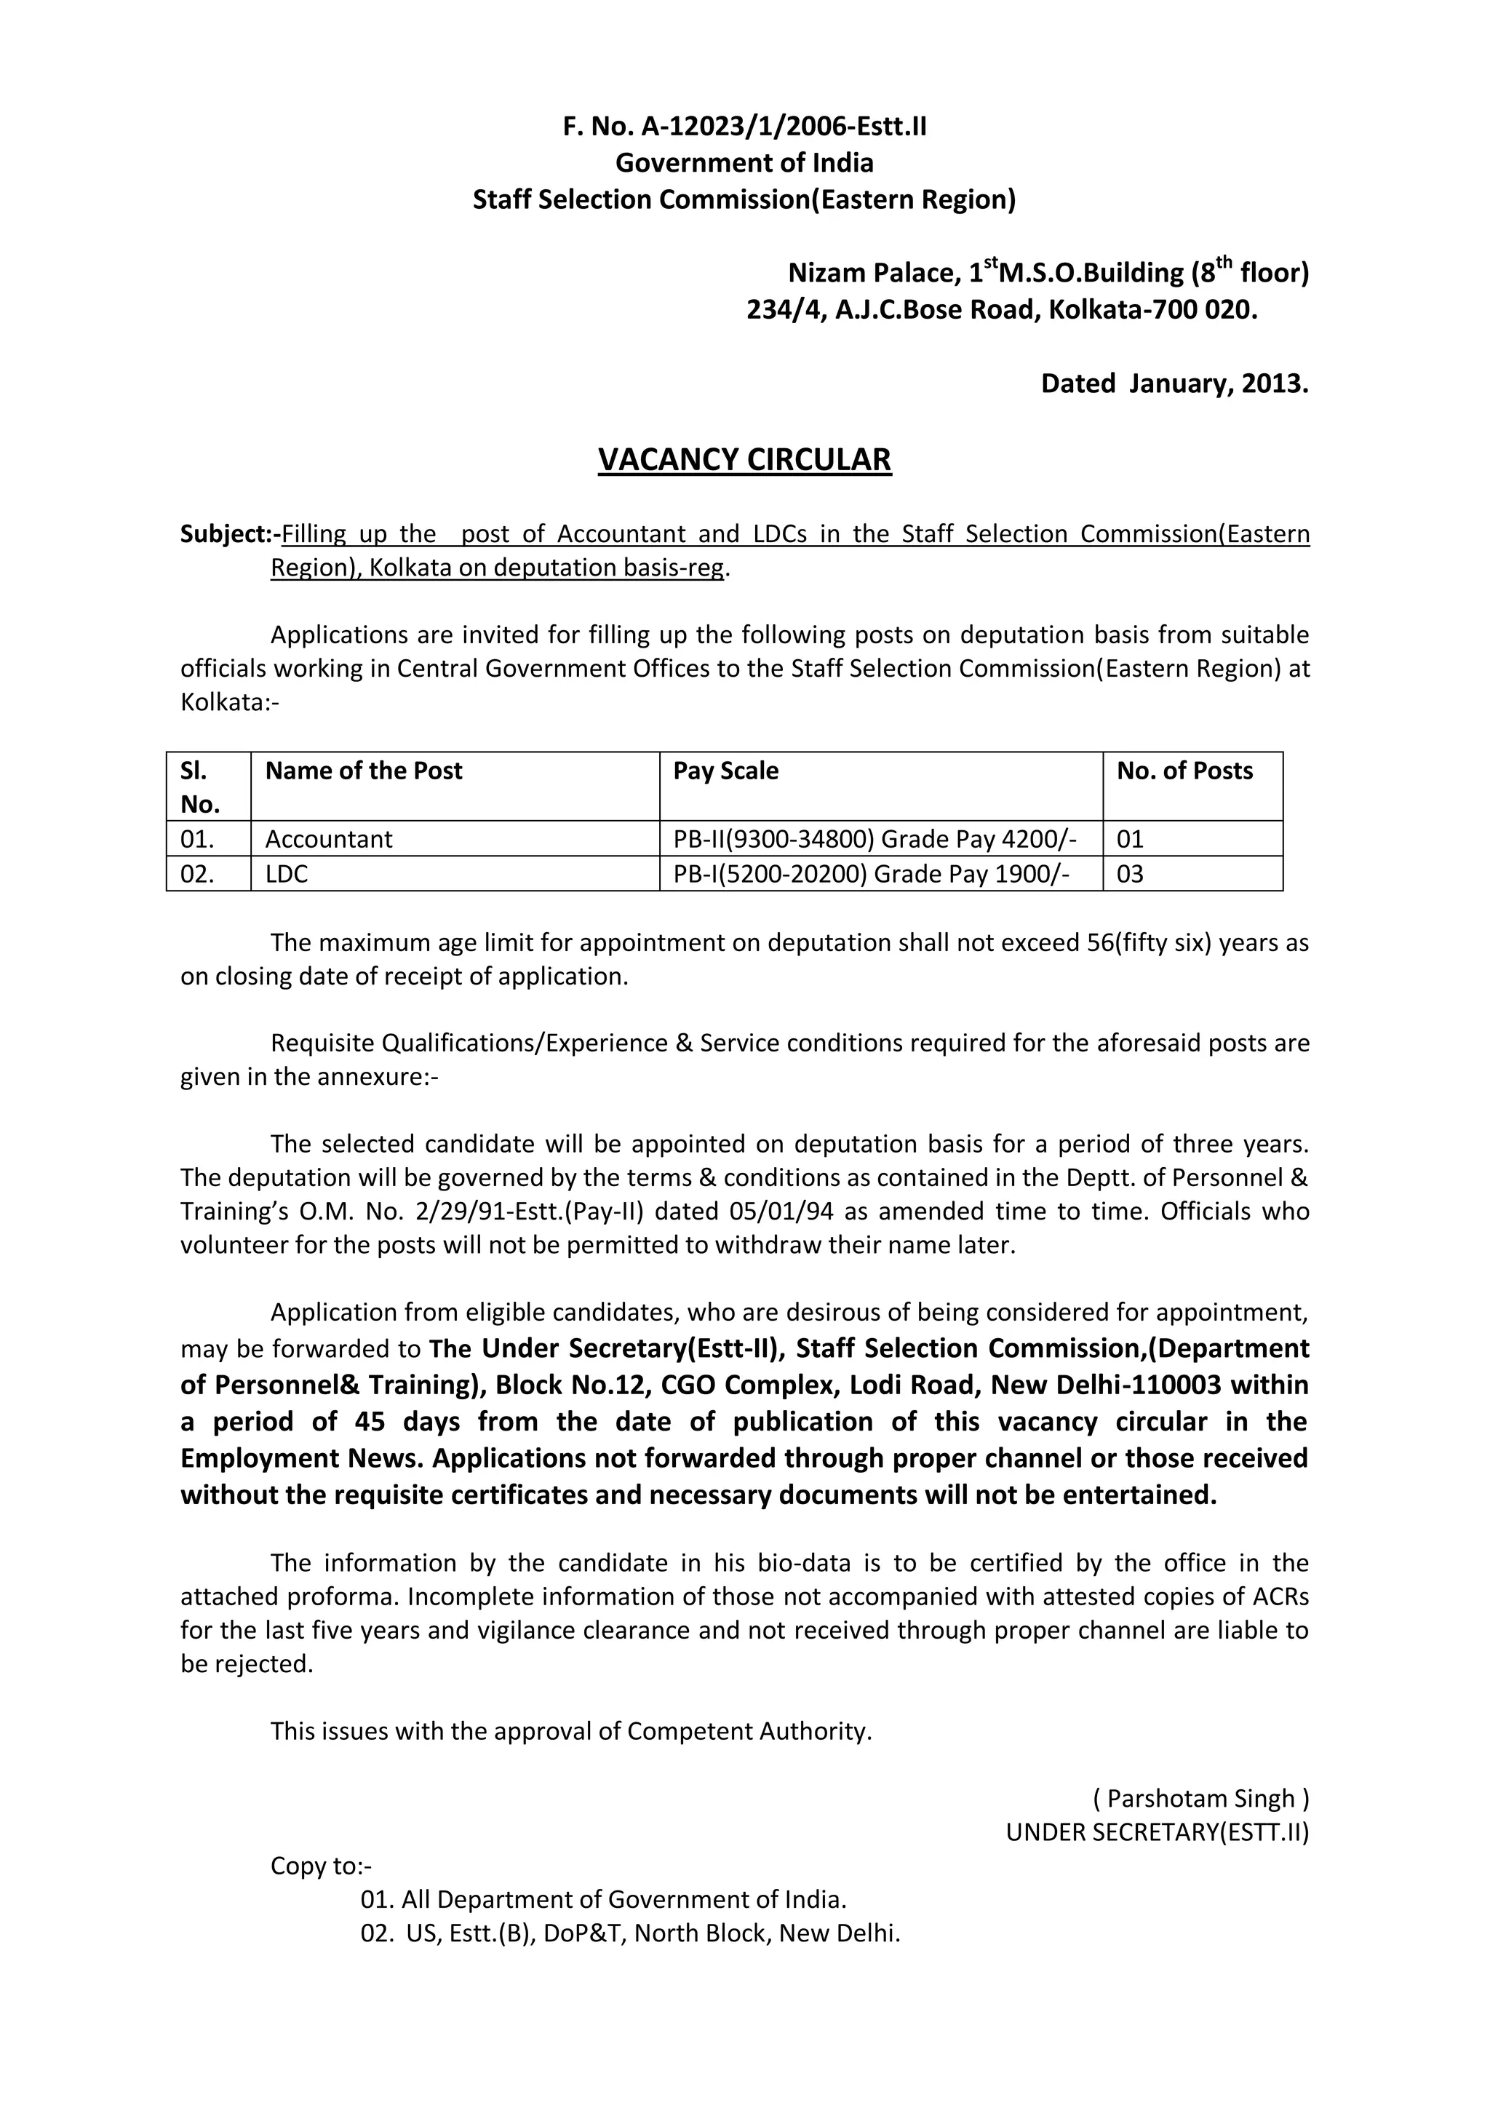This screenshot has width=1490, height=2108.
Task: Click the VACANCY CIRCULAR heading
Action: (x=744, y=459)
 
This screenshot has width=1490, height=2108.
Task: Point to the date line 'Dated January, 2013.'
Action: (x=1174, y=383)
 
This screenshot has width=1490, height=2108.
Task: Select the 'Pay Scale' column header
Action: (x=725, y=771)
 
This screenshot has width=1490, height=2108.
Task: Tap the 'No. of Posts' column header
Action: (x=1184, y=771)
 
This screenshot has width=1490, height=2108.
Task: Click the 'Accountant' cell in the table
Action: (x=329, y=839)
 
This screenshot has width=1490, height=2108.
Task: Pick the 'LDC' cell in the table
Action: (x=287, y=874)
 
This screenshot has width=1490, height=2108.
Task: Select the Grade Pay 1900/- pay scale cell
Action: (x=872, y=874)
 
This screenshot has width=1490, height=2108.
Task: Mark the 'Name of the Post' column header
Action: (x=364, y=771)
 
